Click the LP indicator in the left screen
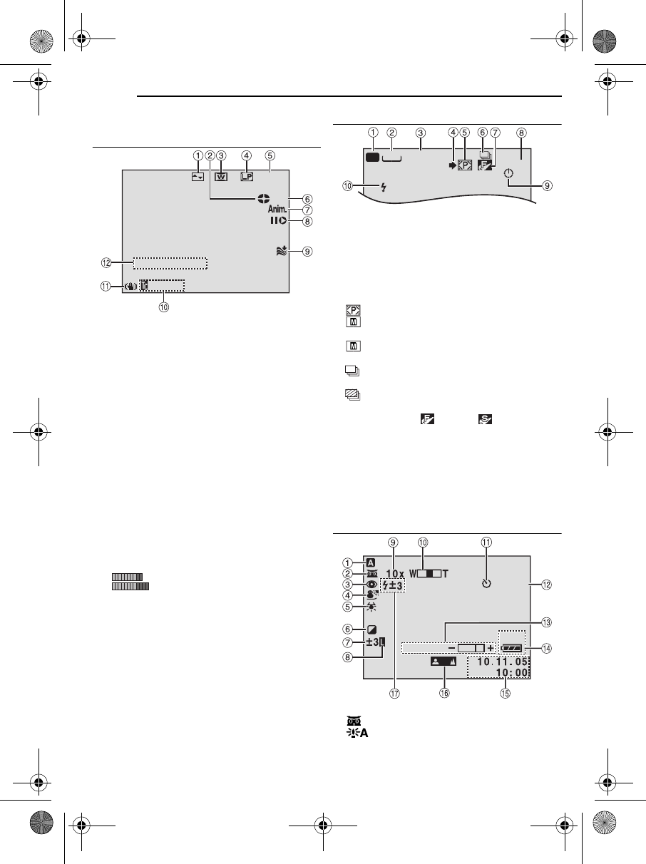point(247,177)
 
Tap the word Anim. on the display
point(277,209)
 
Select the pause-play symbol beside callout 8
point(278,221)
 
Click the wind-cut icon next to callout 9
point(282,251)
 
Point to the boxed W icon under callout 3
point(221,177)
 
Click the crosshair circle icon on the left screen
point(263,199)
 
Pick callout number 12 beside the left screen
point(106,262)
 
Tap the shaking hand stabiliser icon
point(130,287)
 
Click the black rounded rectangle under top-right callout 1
point(372,157)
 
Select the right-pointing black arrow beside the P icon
point(452,165)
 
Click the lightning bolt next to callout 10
point(384,187)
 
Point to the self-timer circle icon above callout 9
point(508,174)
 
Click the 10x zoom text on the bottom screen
point(395,574)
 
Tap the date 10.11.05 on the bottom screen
point(502,662)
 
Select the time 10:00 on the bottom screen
point(511,673)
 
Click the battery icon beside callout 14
point(512,648)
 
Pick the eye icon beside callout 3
point(371,585)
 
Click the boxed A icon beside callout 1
point(371,563)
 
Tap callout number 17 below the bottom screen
point(394,693)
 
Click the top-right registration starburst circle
point(605,41)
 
